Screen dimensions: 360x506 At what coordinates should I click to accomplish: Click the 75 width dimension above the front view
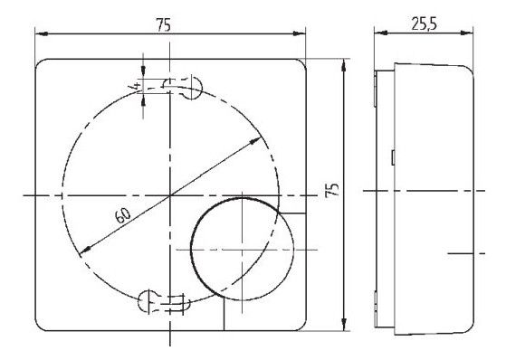pos(164,24)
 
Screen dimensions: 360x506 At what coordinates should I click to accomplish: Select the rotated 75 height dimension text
pos(331,190)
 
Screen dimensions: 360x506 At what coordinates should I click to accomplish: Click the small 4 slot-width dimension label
pos(133,86)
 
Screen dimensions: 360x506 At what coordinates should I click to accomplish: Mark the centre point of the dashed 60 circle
pos(170,195)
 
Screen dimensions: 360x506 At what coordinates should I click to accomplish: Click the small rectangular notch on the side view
pos(391,158)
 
